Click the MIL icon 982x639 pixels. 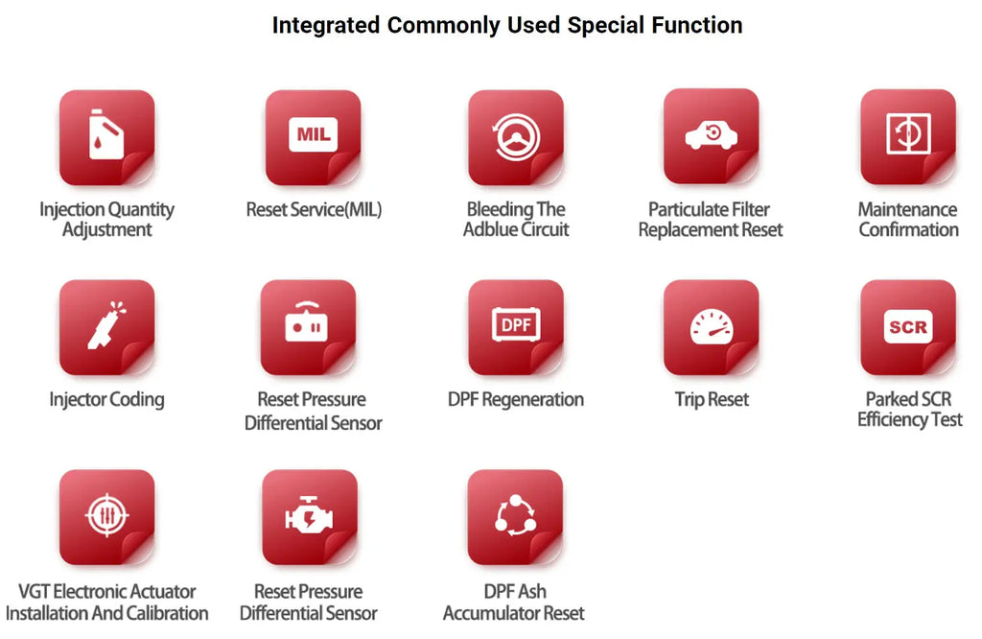(x=314, y=134)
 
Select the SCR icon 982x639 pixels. (x=908, y=326)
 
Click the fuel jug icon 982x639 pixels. (x=105, y=134)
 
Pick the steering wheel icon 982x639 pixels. (x=516, y=136)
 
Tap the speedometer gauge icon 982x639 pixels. (x=712, y=326)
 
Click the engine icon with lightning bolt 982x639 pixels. (x=309, y=515)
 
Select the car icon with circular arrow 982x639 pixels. (x=711, y=135)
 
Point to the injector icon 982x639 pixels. (x=105, y=325)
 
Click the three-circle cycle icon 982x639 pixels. (x=515, y=515)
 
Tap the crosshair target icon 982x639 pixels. (x=107, y=515)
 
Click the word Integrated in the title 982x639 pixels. (x=326, y=26)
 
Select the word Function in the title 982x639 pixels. (x=697, y=25)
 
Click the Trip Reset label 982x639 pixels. (x=712, y=400)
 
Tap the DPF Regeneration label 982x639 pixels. (x=515, y=400)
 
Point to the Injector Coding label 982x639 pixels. (x=106, y=400)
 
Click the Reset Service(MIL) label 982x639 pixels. (x=314, y=209)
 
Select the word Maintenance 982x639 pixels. (x=907, y=209)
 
